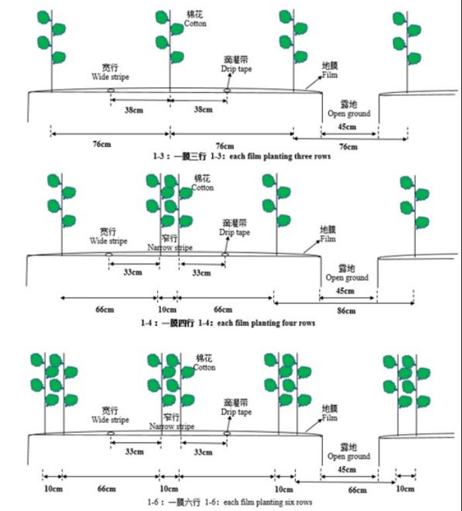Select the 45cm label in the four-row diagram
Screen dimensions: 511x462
point(345,291)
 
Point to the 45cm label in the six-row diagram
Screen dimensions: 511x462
point(345,469)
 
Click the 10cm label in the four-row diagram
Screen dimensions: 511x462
point(167,310)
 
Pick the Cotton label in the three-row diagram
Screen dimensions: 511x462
point(195,23)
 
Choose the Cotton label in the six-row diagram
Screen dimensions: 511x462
point(204,367)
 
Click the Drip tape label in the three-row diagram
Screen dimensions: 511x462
point(237,70)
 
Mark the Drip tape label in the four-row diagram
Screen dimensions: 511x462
point(235,233)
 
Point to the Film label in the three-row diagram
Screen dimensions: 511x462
point(329,75)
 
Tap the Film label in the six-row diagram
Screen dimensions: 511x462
point(329,418)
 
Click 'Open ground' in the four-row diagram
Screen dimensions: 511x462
point(347,278)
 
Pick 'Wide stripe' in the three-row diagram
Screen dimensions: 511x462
point(110,77)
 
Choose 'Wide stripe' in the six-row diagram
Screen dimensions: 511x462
point(110,420)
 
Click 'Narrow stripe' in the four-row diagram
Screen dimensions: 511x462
point(170,247)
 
